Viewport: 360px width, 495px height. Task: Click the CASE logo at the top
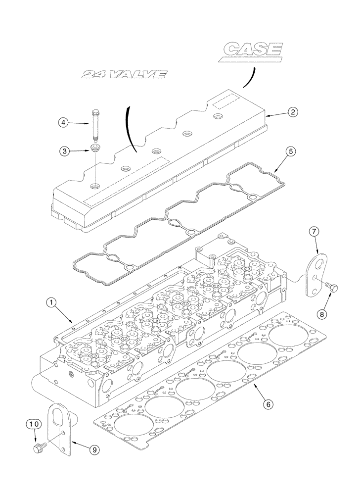[x=253, y=50]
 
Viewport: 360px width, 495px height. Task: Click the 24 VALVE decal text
[x=125, y=75]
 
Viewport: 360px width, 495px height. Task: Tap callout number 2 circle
[x=293, y=112]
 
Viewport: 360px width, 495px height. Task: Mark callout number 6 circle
[x=268, y=404]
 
